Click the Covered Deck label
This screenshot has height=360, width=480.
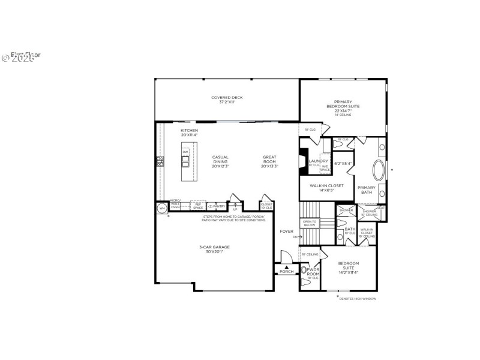pos(226,100)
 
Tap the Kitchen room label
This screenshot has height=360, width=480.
pos(189,132)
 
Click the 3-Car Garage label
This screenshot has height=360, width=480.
pos(214,249)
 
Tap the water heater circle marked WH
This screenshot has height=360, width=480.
pos(161,208)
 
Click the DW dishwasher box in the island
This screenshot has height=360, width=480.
pos(185,152)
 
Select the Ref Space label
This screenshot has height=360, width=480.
pos(198,206)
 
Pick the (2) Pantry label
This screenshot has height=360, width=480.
pos(217,206)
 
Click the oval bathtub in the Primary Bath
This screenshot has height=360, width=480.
pos(380,171)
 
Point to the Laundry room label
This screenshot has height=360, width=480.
pos(318,162)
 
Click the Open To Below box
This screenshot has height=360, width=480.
pos(309,223)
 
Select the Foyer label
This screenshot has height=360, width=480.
pos(286,231)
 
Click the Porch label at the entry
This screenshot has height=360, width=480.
pos(286,271)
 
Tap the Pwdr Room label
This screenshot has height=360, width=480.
pos(313,272)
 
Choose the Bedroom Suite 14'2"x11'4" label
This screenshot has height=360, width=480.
pos(348,268)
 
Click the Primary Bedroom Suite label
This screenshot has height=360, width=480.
pos(343,106)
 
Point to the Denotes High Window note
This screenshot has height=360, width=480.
pos(358,298)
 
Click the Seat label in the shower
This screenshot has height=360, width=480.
pos(380,208)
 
